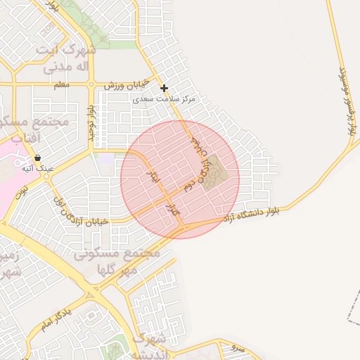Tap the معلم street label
[61, 84]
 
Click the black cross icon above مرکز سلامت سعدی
[165, 88]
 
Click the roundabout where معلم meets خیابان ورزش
[91, 84]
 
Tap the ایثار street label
[153, 176]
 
